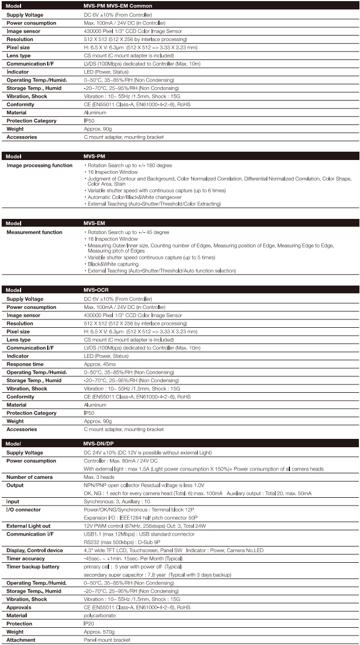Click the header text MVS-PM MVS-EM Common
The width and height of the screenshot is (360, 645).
114,6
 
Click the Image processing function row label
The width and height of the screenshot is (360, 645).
39,166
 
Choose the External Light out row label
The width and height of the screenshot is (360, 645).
32,526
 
